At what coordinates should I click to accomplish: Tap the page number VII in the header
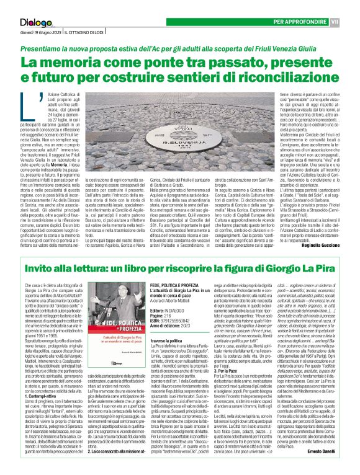(x=351, y=6)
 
